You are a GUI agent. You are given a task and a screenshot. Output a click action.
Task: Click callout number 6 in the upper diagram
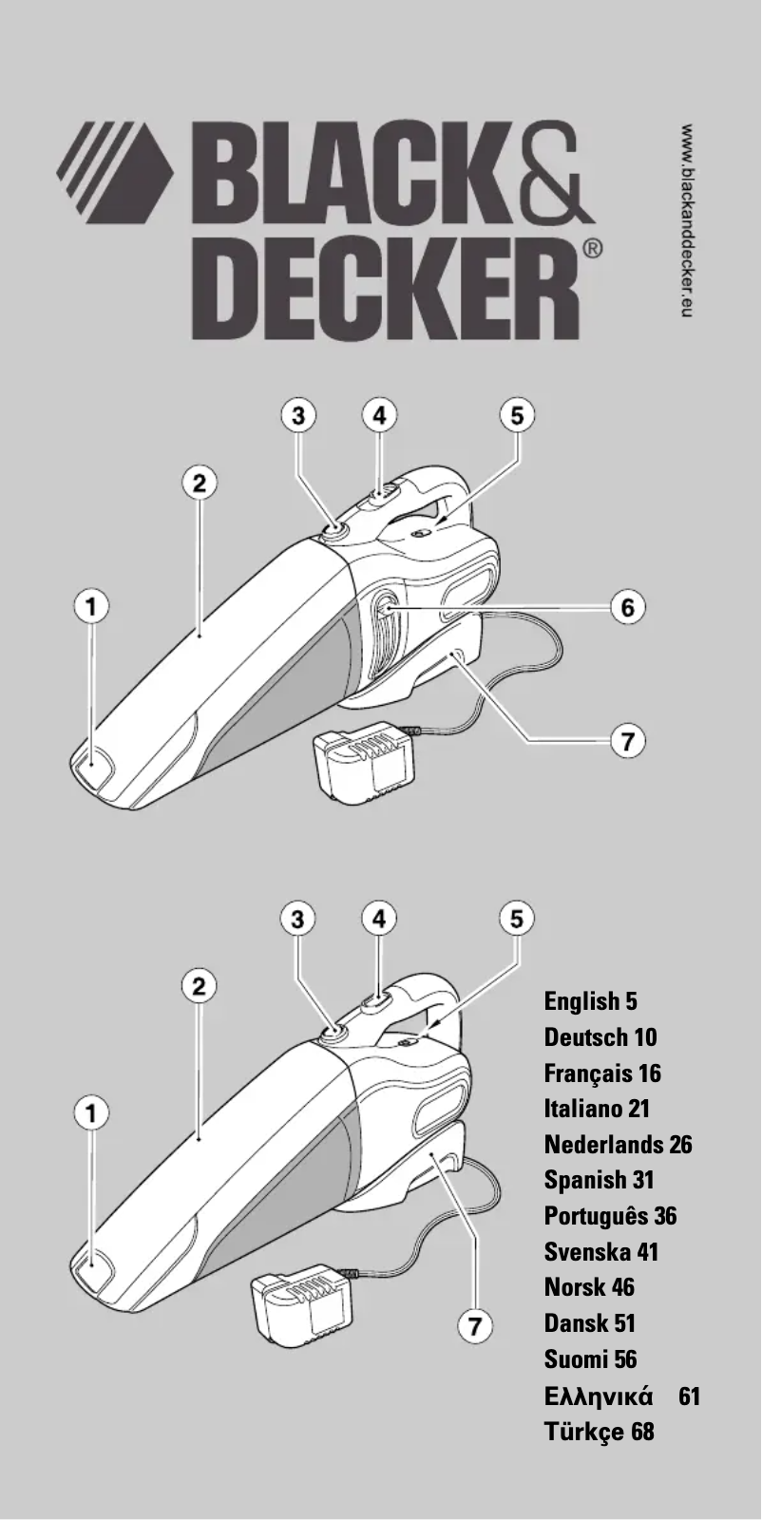tap(627, 607)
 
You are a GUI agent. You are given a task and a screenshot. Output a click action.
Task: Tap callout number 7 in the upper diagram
tap(627, 740)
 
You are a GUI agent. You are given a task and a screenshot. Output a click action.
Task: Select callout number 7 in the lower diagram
tap(475, 1325)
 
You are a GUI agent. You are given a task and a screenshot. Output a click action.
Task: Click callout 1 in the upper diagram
tap(92, 605)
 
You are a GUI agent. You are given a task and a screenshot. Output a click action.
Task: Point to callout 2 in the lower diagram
tap(199, 986)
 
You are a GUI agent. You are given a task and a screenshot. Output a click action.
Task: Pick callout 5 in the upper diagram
tap(517, 415)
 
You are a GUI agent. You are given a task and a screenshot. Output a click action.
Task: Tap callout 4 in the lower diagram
tap(379, 918)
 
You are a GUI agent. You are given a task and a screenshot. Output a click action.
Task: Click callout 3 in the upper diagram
tap(298, 415)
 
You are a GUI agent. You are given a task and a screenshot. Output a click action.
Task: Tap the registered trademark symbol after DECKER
tap(590, 250)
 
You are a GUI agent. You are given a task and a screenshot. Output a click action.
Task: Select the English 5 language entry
tap(590, 1001)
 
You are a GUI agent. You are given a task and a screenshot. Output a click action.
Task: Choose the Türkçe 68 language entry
tap(599, 1431)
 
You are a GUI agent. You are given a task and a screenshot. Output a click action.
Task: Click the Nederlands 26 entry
tap(618, 1144)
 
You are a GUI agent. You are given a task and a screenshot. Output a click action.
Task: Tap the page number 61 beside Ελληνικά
tap(690, 1396)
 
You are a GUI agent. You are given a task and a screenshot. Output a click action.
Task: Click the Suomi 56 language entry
tap(590, 1359)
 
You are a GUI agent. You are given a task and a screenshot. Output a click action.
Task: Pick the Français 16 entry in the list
tap(601, 1073)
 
